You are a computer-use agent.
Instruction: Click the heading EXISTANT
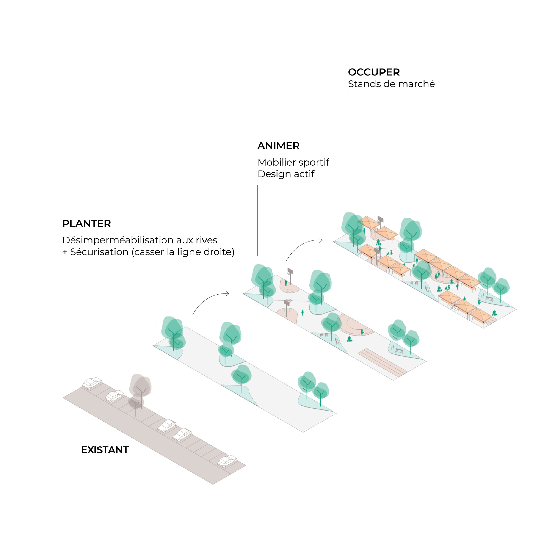[x=105, y=450]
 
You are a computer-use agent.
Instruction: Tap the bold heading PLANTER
[x=86, y=223]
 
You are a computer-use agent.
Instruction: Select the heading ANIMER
[x=279, y=146]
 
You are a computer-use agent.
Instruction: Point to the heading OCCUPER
[x=374, y=72]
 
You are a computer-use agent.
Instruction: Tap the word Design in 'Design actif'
[x=272, y=174]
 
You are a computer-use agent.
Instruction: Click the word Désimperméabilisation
[x=118, y=240]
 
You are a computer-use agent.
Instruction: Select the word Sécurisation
[x=99, y=252]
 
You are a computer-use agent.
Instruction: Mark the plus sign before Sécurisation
[x=65, y=252]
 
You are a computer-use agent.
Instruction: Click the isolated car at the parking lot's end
[x=227, y=461]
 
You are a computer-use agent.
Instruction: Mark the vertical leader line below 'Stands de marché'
[x=348, y=149]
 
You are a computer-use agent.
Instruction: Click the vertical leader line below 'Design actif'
[x=257, y=220]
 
